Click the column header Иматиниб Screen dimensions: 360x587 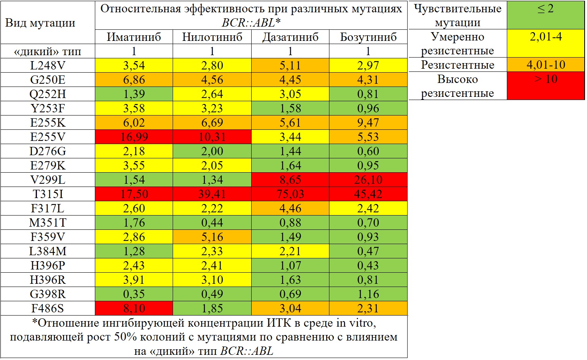(134, 37)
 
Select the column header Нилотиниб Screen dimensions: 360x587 (212, 37)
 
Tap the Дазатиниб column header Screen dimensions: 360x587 (290, 37)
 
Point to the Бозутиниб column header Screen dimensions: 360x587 (368, 37)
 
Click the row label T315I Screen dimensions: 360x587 (48, 194)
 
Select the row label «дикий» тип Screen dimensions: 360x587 (48, 51)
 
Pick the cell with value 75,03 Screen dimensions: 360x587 (290, 194)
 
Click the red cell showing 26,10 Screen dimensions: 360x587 (368, 180)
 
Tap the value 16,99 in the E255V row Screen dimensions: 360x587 (134, 137)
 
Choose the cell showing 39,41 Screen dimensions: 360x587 (212, 194)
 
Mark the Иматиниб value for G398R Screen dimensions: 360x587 (134, 294)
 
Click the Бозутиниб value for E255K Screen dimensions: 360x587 (368, 123)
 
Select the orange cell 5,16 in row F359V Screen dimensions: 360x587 (212, 237)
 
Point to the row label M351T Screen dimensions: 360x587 (48, 223)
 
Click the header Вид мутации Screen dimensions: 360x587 (40, 23)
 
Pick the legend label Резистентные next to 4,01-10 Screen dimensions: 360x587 (457, 65)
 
